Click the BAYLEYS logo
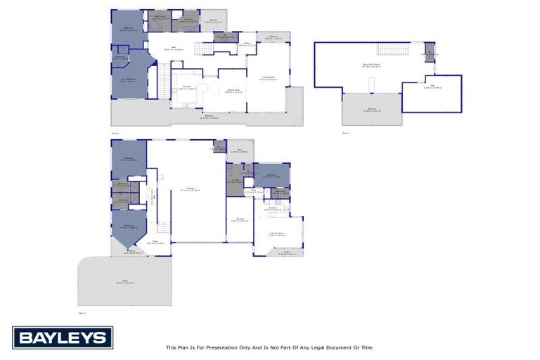(63, 337)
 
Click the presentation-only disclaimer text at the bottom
(269, 347)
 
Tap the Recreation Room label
(371, 65)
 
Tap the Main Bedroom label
(128, 79)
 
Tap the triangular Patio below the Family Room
(286, 252)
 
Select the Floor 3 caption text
(346, 132)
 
